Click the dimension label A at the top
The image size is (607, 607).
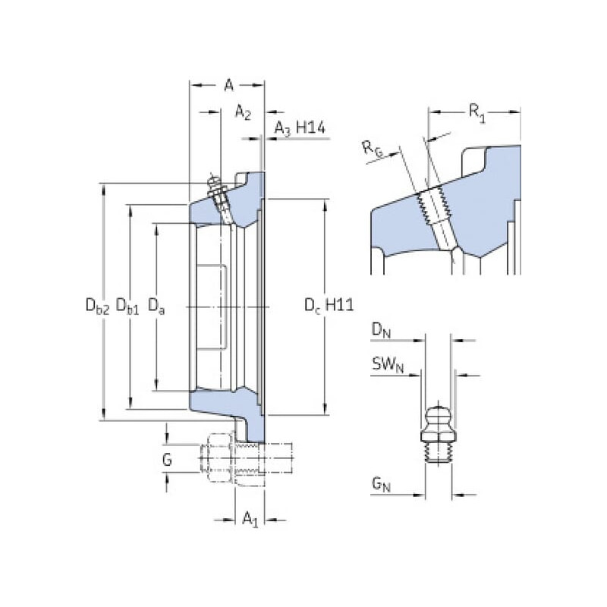tap(228, 86)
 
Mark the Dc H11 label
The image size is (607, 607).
tap(329, 305)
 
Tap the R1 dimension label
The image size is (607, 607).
tap(476, 114)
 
